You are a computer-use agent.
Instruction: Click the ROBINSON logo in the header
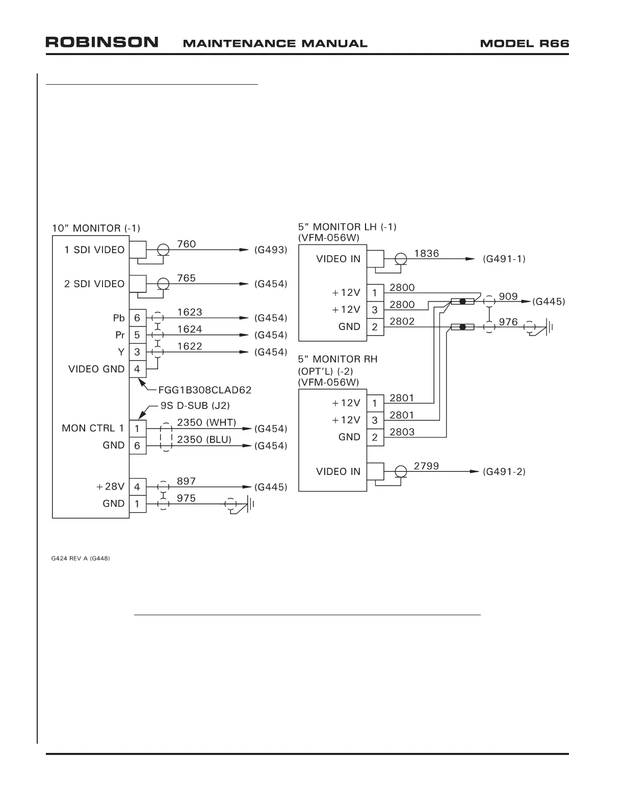[x=102, y=42]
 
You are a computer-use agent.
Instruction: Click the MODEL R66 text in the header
[x=524, y=43]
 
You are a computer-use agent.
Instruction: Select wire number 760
[x=186, y=244]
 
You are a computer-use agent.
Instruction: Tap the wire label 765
[x=186, y=278]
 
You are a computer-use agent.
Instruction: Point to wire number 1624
[x=190, y=330]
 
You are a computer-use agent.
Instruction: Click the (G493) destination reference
[x=271, y=250]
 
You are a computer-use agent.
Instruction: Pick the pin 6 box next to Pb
[x=137, y=318]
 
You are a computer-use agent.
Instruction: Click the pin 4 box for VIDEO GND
[x=137, y=369]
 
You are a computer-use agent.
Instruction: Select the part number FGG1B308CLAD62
[x=205, y=390]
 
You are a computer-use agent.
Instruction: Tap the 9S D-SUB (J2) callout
[x=194, y=406]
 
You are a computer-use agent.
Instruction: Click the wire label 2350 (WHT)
[x=206, y=422]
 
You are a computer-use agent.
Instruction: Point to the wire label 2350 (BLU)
[x=204, y=439]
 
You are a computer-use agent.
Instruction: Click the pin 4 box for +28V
[x=137, y=487]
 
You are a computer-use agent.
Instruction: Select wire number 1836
[x=427, y=254]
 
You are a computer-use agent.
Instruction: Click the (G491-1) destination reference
[x=504, y=259]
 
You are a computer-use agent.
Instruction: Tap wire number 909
[x=508, y=296]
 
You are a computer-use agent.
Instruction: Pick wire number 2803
[x=402, y=432]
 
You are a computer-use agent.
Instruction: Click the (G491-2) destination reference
[x=504, y=472]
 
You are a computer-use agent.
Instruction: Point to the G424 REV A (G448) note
[x=81, y=559]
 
